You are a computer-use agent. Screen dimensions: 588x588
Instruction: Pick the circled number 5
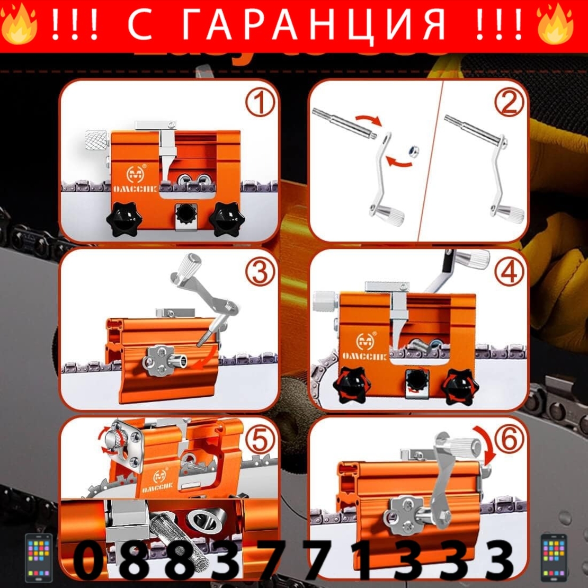click(260, 440)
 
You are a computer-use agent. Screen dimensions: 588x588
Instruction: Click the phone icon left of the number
click(39, 558)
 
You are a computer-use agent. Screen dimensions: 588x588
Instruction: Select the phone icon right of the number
click(554, 558)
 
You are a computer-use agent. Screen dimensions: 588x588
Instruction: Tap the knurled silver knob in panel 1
click(96, 142)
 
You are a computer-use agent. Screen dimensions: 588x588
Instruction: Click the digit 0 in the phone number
click(90, 560)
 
